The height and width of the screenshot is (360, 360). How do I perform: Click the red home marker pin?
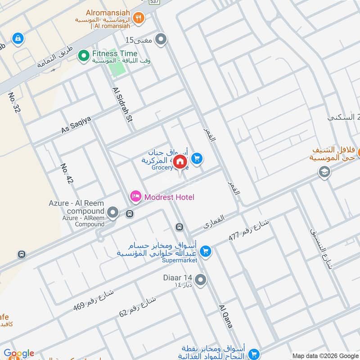[180, 162]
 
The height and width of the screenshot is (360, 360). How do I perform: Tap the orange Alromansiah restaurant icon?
[139, 18]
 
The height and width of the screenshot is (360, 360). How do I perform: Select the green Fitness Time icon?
[83, 55]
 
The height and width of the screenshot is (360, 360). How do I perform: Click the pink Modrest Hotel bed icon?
[135, 197]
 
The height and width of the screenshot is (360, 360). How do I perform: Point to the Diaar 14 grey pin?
[201, 280]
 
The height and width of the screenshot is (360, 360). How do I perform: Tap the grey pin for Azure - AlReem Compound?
[113, 212]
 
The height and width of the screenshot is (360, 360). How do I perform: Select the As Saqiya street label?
[76, 125]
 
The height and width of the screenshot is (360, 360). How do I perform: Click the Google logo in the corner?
[18, 353]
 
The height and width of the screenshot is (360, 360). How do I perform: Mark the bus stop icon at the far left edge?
[21, 254]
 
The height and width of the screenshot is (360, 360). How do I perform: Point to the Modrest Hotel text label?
[169, 197]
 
